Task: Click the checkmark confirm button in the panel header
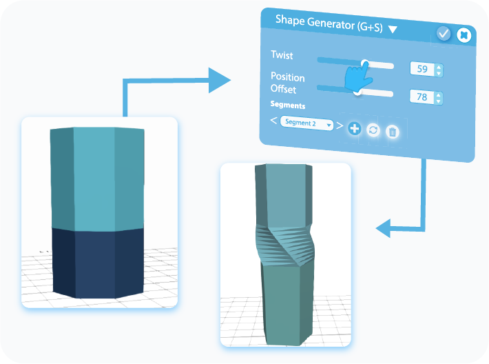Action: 444,33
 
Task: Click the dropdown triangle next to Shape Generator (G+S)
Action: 393,29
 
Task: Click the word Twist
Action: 282,55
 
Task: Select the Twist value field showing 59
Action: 422,69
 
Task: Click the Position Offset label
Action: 288,83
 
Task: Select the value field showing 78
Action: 422,97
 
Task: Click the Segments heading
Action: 288,105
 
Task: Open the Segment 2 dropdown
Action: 307,124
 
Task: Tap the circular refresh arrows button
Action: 373,130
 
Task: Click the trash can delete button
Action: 392,132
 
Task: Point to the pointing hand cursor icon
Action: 356,79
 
